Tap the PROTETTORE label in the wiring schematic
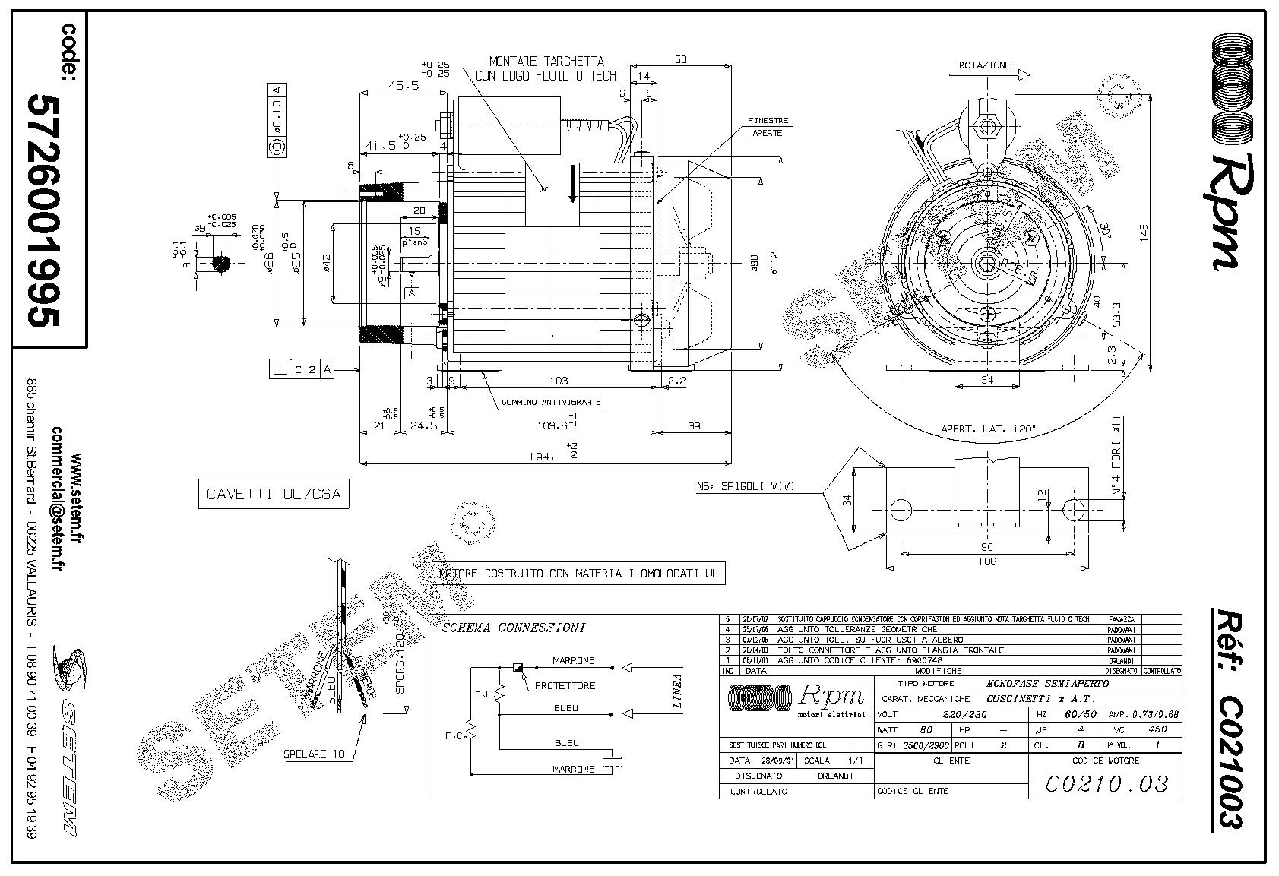(x=565, y=686)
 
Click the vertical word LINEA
(x=678, y=691)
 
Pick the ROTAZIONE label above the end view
(x=984, y=65)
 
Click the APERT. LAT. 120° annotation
(x=989, y=429)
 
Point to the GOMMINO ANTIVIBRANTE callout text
(x=550, y=401)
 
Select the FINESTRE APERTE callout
(x=768, y=126)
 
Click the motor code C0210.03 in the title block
(x=1106, y=783)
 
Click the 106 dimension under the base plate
(x=987, y=561)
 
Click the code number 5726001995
(x=43, y=210)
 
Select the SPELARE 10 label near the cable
(x=314, y=754)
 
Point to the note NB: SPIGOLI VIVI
(x=746, y=487)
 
